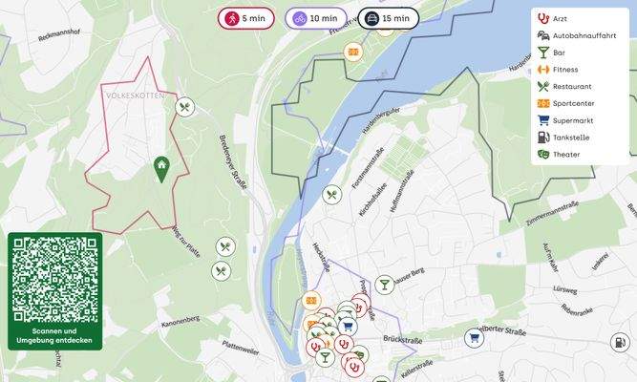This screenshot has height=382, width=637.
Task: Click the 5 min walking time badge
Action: pos(245,18)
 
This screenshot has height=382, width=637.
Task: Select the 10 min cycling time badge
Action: pos(316,18)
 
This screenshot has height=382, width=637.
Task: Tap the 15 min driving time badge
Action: pos(388,18)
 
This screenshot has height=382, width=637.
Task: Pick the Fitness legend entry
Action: pos(564,70)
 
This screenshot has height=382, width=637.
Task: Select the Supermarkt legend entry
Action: pos(572,120)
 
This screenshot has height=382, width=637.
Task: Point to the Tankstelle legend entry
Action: pos(570,138)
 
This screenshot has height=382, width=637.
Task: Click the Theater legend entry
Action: pos(565,155)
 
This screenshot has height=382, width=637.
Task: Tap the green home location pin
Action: pos(162,168)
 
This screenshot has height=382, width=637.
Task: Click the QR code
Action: pos(54,279)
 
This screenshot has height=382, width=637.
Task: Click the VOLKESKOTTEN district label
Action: pos(136,95)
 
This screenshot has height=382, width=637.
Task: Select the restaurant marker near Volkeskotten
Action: pos(185,108)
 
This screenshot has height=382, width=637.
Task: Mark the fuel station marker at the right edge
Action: pos(620,341)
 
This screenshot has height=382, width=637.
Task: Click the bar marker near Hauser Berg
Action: pos(383,284)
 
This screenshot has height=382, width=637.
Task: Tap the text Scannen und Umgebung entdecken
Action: pos(54,336)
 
